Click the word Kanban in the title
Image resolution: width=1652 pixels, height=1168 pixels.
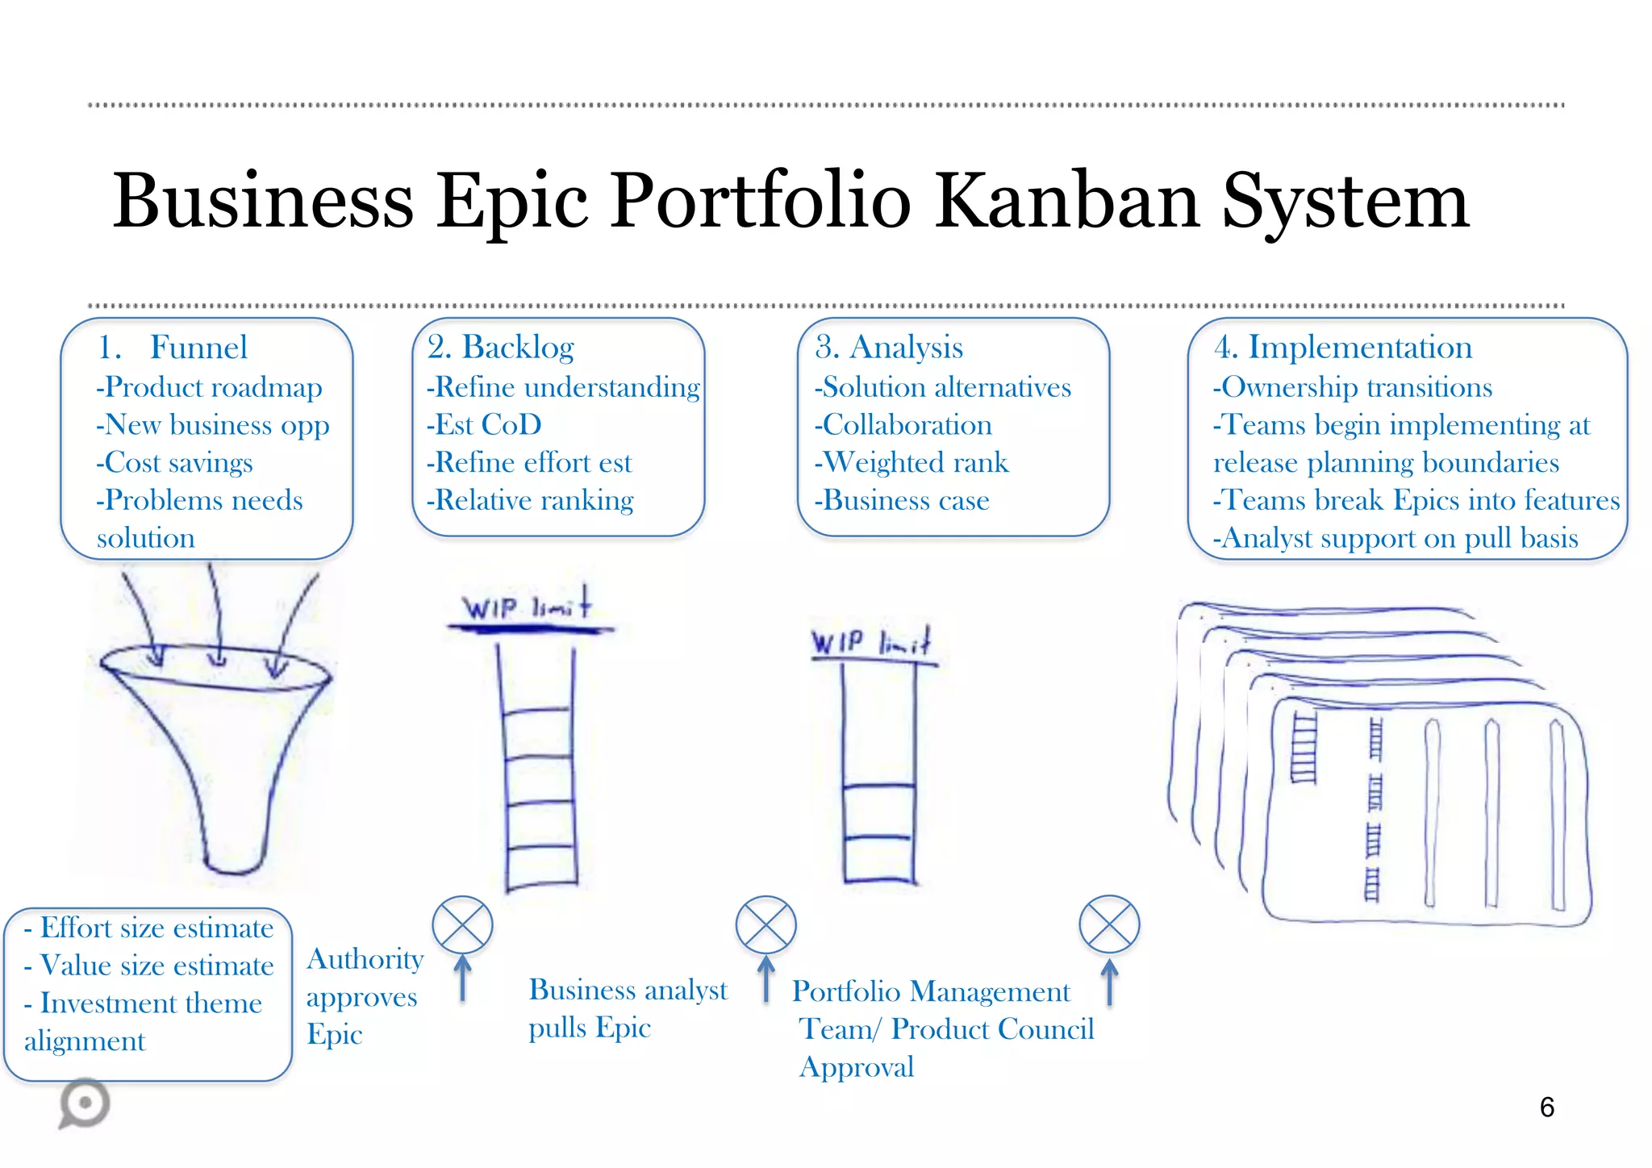pyautogui.click(x=1068, y=202)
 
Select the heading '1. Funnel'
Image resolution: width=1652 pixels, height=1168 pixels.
pyautogui.click(x=173, y=348)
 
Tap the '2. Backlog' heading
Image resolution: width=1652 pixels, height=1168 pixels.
pyautogui.click(x=500, y=348)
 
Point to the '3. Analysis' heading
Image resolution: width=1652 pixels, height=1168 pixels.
pyautogui.click(x=888, y=348)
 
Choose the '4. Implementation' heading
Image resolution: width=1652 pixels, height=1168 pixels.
pyautogui.click(x=1342, y=348)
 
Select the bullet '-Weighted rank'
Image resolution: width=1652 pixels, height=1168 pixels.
pyautogui.click(x=912, y=462)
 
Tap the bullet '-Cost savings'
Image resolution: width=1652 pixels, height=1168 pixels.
pyautogui.click(x=174, y=462)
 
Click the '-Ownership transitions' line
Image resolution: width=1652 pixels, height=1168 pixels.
pyautogui.click(x=1353, y=387)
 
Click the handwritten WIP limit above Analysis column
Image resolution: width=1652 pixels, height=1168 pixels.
pyautogui.click(x=871, y=643)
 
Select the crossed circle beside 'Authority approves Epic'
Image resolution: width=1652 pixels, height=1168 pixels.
pyautogui.click(x=462, y=924)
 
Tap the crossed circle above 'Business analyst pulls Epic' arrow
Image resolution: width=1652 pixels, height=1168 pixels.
pyautogui.click(x=766, y=924)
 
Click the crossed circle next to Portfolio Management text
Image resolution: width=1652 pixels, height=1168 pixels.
pyautogui.click(x=1109, y=924)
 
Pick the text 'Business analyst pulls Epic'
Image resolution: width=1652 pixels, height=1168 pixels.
pyautogui.click(x=627, y=1008)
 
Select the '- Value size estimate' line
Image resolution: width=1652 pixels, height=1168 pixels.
pyautogui.click(x=149, y=966)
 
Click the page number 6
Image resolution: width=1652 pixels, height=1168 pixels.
pyautogui.click(x=1546, y=1108)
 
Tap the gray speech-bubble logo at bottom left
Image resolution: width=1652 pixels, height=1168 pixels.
pyautogui.click(x=84, y=1103)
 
